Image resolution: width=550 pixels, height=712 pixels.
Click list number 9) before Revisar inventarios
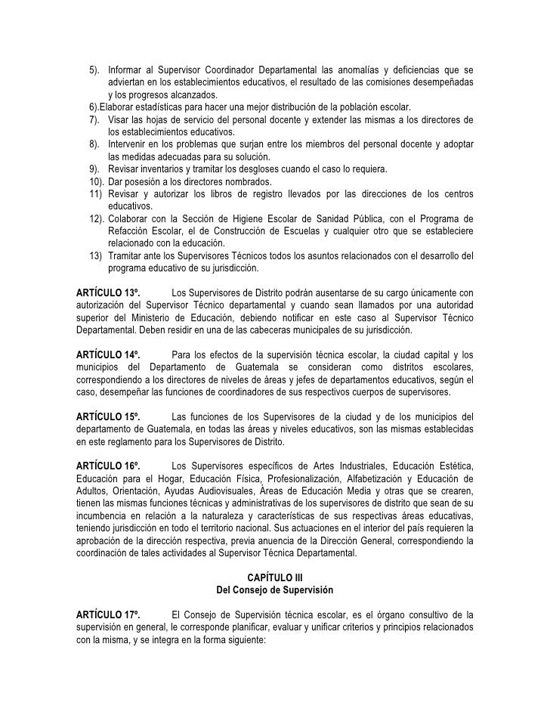pos(95,169)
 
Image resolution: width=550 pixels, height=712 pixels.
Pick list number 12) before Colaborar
pos(96,218)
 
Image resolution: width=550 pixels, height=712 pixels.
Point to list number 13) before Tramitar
pos(96,255)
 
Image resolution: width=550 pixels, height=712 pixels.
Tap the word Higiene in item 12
pos(254,218)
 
